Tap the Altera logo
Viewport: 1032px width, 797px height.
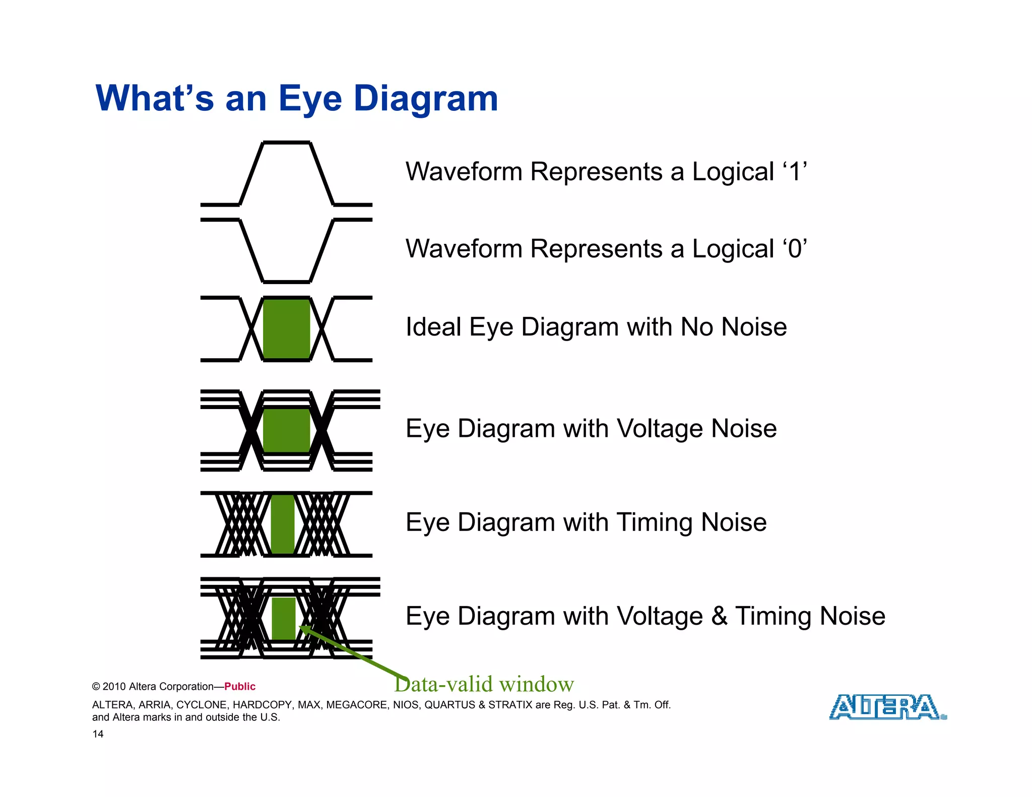tap(887, 707)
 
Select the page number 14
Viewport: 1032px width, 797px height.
tap(98, 734)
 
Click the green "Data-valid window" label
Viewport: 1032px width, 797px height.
tap(484, 684)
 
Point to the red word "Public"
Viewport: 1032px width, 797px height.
tap(240, 687)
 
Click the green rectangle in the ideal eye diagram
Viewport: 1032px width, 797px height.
tap(286, 329)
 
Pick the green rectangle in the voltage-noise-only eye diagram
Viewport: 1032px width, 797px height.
tap(286, 431)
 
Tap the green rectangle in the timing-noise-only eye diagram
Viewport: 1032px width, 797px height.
tap(283, 524)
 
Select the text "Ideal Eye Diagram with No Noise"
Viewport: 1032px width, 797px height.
tap(596, 327)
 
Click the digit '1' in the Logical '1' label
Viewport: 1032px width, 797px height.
tap(795, 172)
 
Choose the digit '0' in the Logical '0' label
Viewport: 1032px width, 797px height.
tap(795, 249)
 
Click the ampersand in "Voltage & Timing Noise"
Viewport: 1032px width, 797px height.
tap(719, 616)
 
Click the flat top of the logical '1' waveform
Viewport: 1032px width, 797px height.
tap(286, 143)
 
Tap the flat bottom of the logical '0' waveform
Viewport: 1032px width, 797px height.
tap(286, 282)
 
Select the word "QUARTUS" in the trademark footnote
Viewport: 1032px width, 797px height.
tap(449, 705)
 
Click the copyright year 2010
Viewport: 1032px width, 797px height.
tap(114, 687)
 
